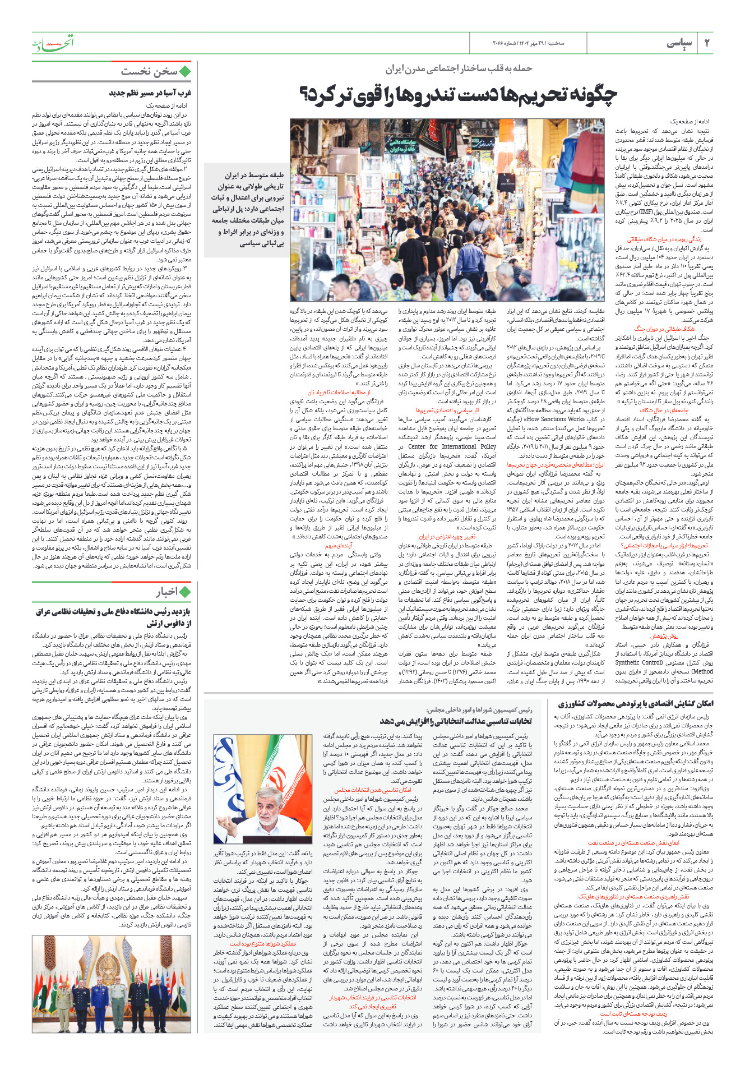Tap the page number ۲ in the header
(707, 43)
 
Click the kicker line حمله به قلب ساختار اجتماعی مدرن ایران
(459, 68)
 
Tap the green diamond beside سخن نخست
(185, 71)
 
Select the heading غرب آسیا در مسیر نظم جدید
(150, 93)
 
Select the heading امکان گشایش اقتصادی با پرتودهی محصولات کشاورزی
(636, 703)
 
